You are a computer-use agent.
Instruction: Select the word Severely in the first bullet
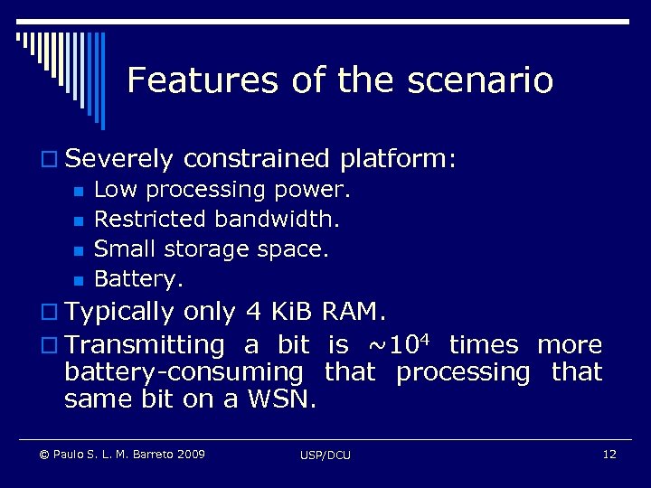[119, 159]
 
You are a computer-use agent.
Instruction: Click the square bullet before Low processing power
[79, 192]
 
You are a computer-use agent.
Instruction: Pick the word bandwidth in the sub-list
[278, 219]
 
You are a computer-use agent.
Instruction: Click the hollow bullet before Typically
[53, 314]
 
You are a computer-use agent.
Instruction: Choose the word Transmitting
[144, 344]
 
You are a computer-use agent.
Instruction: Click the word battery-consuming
[184, 371]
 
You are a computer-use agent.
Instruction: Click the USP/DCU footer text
[325, 455]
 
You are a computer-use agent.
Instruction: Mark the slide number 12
[609, 454]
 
